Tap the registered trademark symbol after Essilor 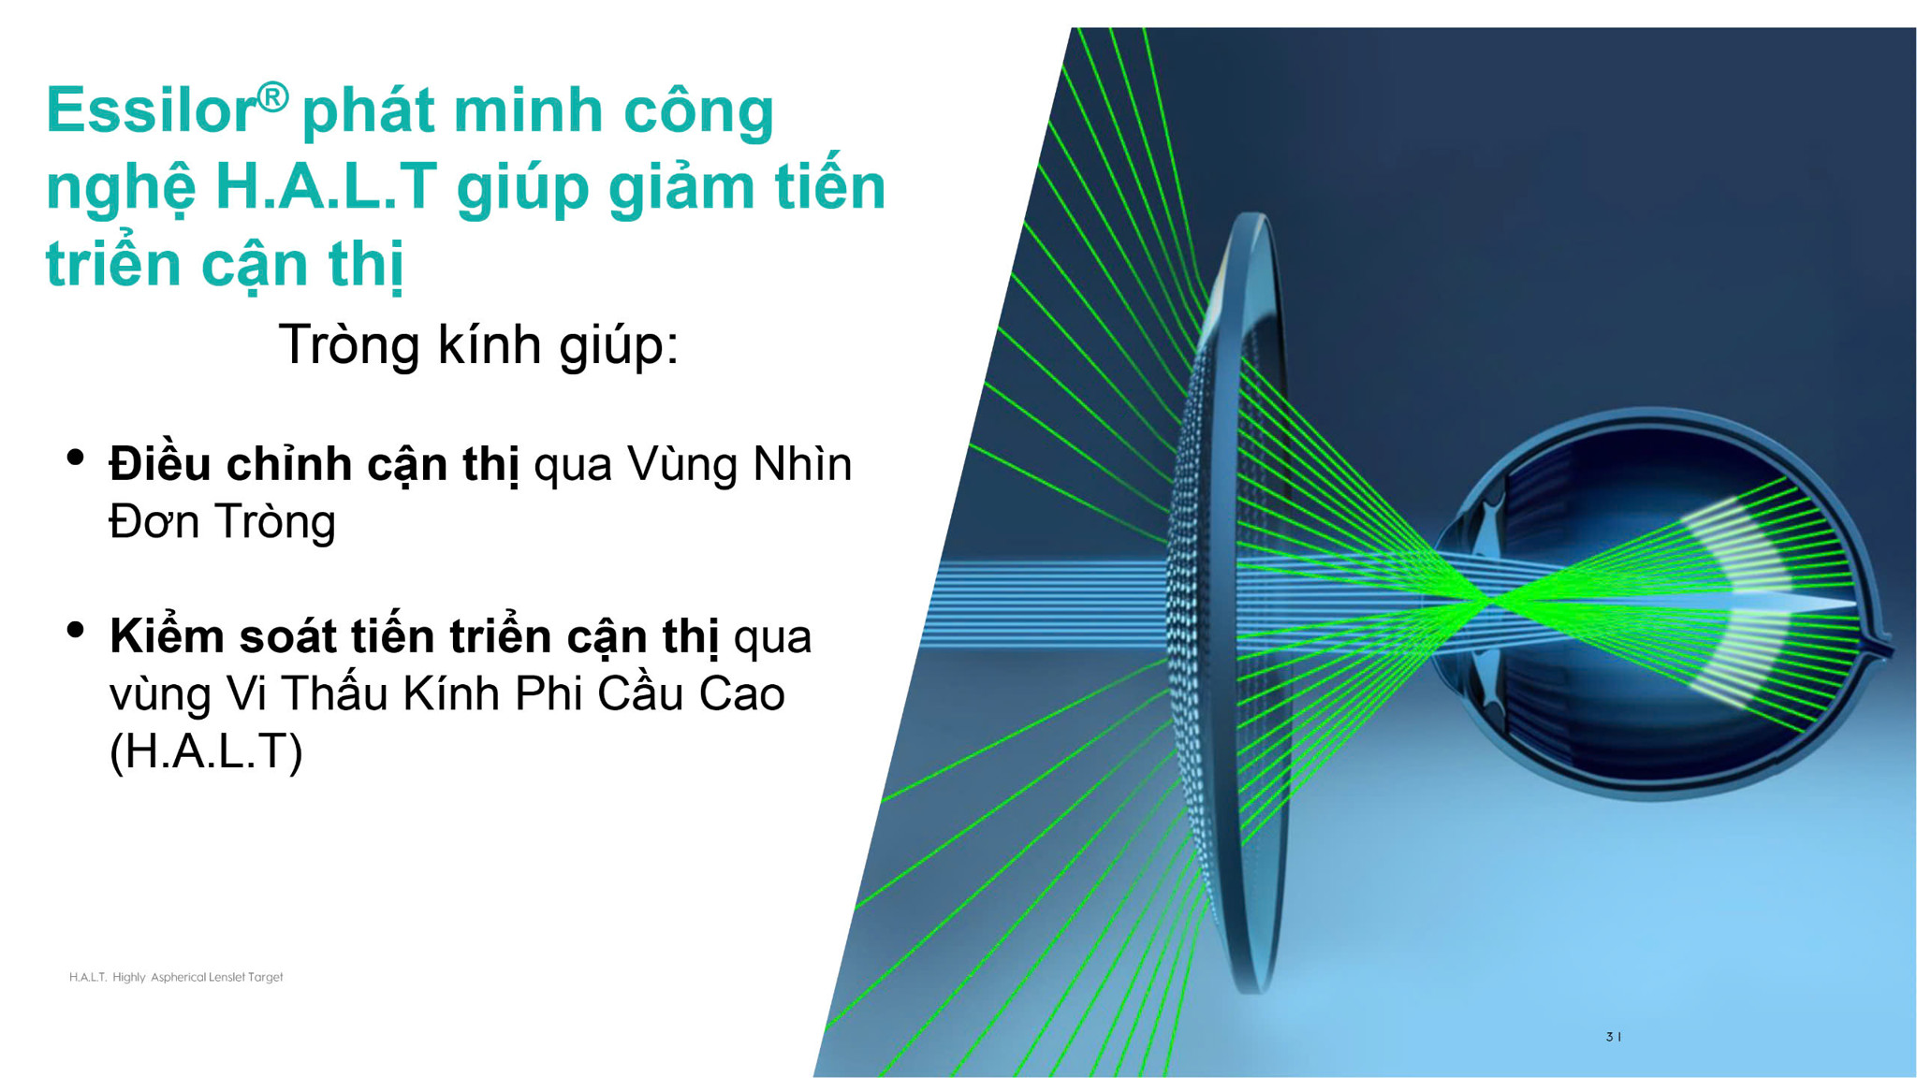coord(272,96)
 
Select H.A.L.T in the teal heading coord(326,186)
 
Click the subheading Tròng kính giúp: coord(478,344)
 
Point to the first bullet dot coord(76,458)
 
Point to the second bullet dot coord(76,630)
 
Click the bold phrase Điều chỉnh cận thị coord(314,464)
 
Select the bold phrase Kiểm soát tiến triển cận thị coord(414,636)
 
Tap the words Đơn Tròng coord(222,522)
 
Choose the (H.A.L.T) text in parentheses coord(206,751)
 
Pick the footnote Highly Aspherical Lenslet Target coord(198,977)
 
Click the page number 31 coord(1613,1037)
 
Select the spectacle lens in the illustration coord(1226,604)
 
